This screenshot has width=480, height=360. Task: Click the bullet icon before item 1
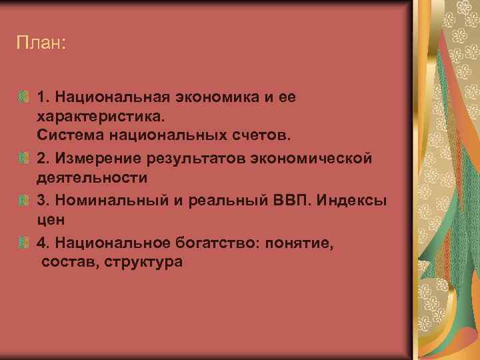24,97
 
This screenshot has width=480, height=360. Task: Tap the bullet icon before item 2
24,159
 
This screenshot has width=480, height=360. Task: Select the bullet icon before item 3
24,201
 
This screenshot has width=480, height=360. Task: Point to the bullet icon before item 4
24,243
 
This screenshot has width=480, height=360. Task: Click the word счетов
261,136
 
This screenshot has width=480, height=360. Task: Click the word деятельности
92,178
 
